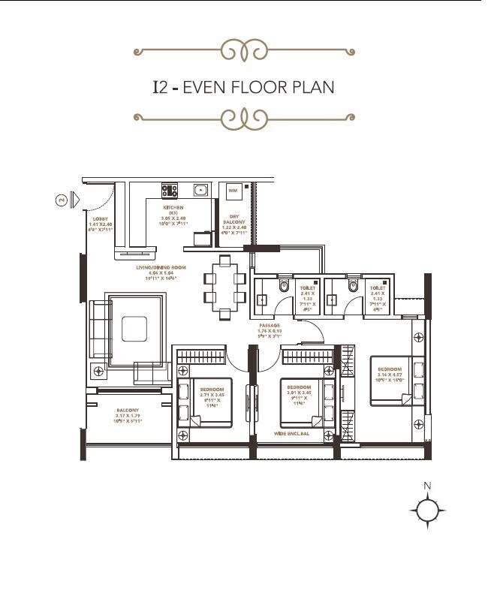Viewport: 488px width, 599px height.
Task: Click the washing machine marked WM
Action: tap(233, 191)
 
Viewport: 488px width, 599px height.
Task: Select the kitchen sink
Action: tap(201, 191)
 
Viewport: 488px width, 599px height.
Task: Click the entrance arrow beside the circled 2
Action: tap(74, 200)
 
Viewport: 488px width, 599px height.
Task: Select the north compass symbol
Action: tap(427, 510)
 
